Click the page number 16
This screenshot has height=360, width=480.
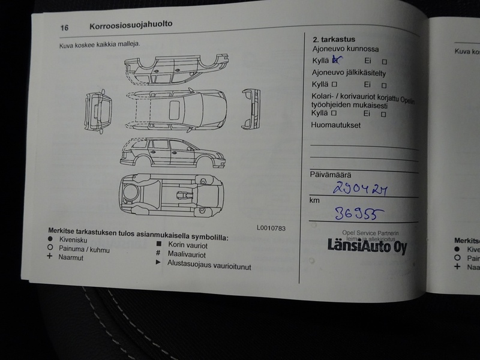[64, 27]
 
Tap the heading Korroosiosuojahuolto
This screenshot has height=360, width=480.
[130, 25]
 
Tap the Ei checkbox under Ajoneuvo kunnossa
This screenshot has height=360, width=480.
[384, 61]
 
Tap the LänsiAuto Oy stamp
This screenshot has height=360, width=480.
[366, 245]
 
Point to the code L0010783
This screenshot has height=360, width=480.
[271, 228]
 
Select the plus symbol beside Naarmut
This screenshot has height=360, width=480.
[52, 257]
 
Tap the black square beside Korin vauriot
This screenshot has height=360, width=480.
[158, 244]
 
